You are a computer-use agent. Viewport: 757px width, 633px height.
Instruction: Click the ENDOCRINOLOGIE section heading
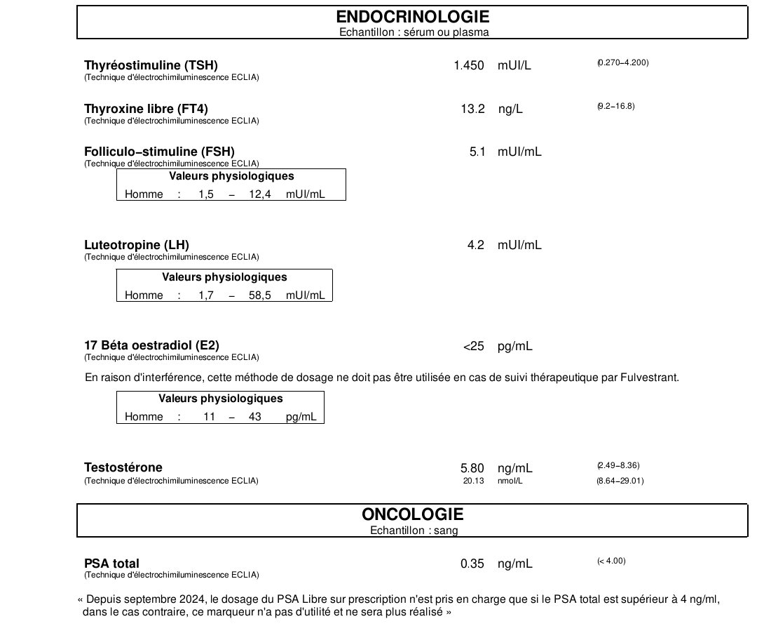(x=412, y=17)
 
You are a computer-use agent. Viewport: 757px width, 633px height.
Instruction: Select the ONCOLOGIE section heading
(x=412, y=514)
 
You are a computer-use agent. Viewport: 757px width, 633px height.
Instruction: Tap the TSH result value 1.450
(x=469, y=66)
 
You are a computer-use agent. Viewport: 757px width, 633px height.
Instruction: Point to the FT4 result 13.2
(x=473, y=109)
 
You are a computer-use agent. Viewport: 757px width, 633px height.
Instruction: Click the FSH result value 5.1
(x=477, y=152)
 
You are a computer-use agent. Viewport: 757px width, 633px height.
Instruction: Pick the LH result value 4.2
(x=476, y=246)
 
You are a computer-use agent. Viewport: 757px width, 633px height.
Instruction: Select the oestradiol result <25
(x=473, y=347)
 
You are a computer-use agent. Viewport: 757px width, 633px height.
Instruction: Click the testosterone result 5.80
(x=472, y=468)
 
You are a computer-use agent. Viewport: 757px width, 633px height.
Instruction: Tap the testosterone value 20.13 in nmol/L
(x=474, y=481)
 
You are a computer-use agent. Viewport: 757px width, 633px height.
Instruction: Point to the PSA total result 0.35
(x=472, y=564)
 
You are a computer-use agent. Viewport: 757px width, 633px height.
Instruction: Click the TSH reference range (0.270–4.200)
(x=623, y=63)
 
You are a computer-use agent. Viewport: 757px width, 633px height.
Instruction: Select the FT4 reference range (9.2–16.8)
(x=616, y=107)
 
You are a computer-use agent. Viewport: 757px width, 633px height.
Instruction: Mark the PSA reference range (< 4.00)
(x=611, y=561)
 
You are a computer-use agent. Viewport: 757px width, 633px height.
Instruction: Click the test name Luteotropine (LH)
(x=137, y=245)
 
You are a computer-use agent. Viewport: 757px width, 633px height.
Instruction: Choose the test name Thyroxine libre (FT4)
(x=146, y=109)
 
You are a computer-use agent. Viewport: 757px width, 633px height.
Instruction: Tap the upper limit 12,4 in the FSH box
(x=260, y=194)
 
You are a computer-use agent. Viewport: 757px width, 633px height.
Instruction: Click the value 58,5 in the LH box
(x=260, y=295)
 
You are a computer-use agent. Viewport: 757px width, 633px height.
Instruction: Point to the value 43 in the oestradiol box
(x=255, y=417)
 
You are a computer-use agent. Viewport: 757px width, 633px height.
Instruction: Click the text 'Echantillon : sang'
(x=414, y=531)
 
